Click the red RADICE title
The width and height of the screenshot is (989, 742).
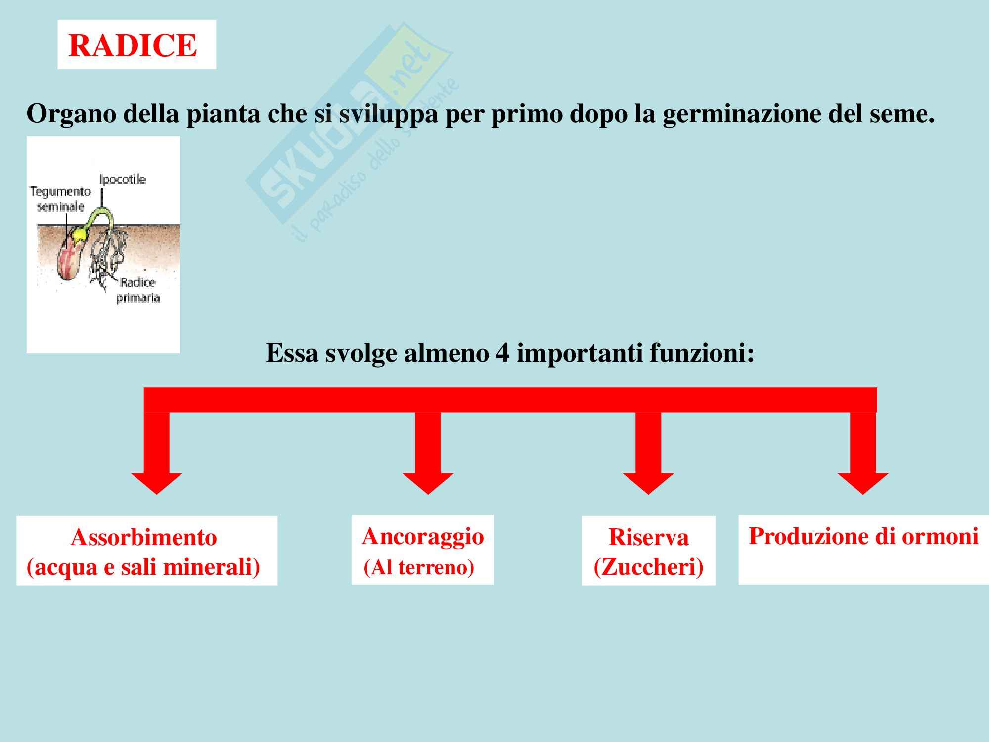tap(133, 46)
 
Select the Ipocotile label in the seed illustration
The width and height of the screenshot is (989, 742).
tap(123, 179)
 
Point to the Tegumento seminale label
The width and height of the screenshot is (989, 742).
tap(61, 199)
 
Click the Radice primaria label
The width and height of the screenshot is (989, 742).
tap(138, 290)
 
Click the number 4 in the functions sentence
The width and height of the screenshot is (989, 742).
tap(502, 353)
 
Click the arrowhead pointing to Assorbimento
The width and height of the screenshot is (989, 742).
tap(157, 484)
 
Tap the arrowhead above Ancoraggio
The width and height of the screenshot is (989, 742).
tap(428, 484)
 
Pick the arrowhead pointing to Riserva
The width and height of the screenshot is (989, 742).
tap(648, 484)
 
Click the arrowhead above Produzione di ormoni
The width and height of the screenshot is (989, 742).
tap(863, 484)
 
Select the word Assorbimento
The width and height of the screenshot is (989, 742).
tap(144, 538)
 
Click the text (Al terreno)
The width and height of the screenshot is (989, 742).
tap(419, 568)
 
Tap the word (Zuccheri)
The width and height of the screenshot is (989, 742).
tap(648, 567)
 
